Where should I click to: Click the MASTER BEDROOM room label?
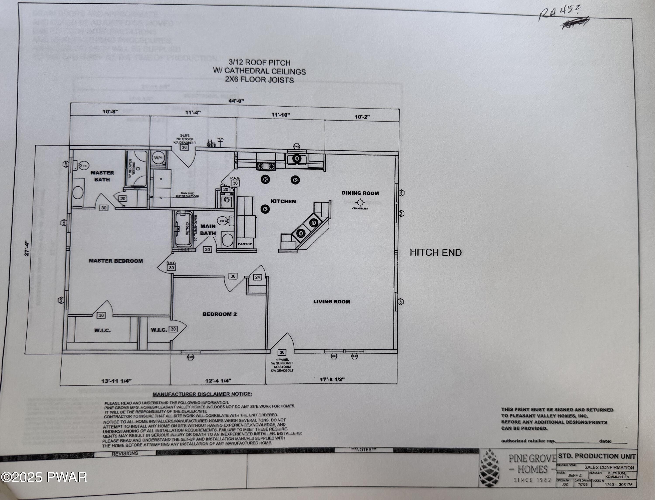coord(116,261)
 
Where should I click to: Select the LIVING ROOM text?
coord(332,301)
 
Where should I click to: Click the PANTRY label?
coord(245,244)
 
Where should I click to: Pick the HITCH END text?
coord(436,252)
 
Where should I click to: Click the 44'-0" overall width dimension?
coord(236,101)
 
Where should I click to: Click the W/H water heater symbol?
coord(158,158)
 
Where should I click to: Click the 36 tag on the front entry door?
coord(282,352)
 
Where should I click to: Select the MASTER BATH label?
coord(102,176)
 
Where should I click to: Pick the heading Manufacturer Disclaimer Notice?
coord(202,394)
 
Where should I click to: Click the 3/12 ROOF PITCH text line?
coord(259,63)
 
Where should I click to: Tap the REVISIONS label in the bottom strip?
coord(125,453)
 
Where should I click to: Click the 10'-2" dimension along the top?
coord(362,117)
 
